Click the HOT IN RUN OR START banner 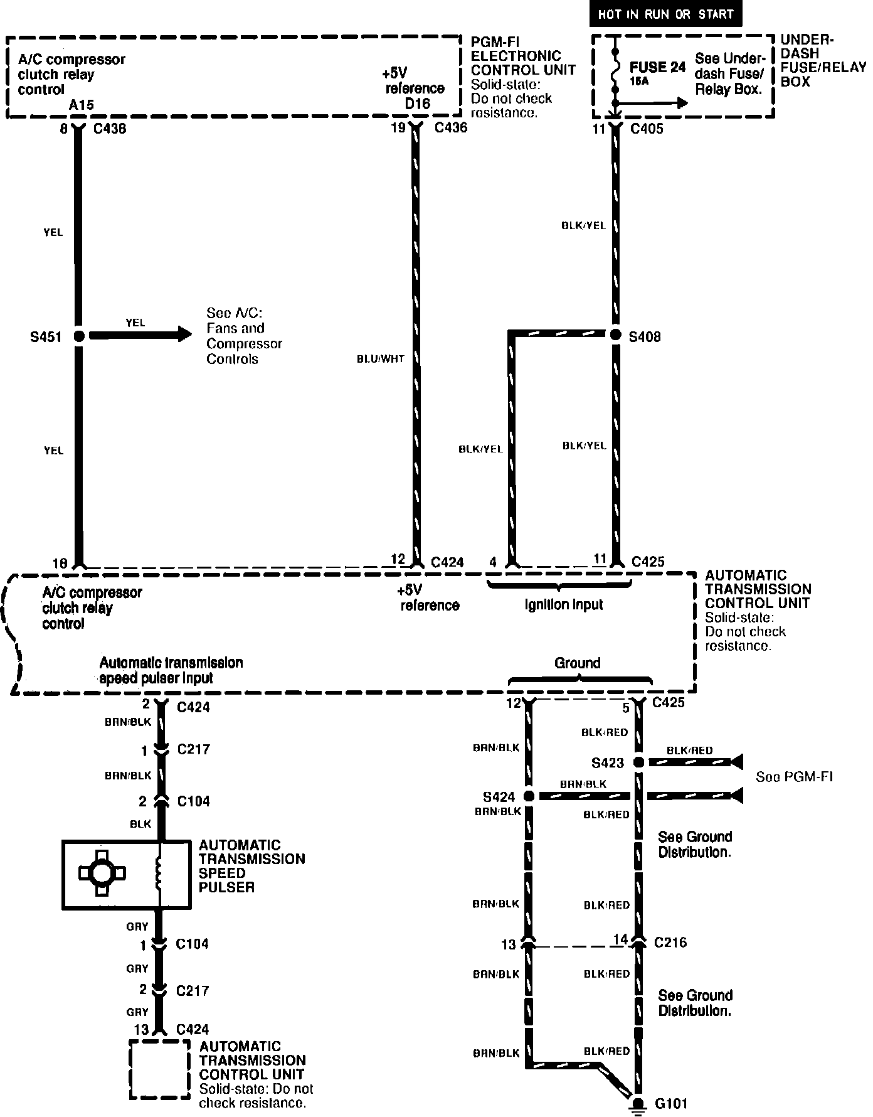point(665,14)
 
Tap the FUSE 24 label point(657,68)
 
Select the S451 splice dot point(79,336)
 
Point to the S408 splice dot point(616,334)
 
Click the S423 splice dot point(638,762)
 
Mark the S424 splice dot point(529,796)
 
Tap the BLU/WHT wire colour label point(380,359)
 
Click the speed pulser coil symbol point(160,874)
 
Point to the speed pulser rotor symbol point(102,873)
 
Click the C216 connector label point(670,943)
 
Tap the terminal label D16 point(417,104)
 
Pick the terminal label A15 point(82,105)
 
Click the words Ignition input point(563,605)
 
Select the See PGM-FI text point(793,777)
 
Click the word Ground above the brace point(577,663)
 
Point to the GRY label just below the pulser point(137,926)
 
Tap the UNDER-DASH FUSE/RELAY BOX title point(823,61)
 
